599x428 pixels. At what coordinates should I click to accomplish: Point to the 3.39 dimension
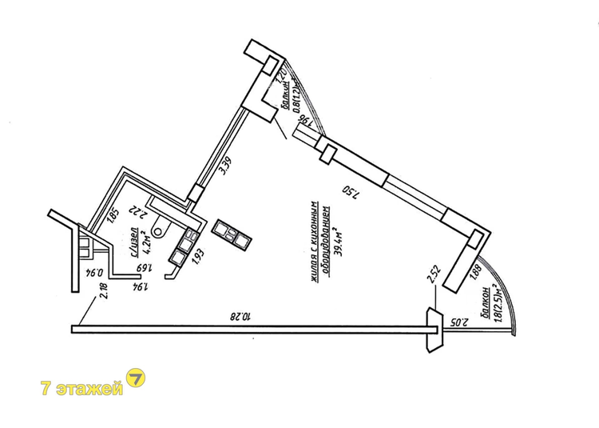coord(227,168)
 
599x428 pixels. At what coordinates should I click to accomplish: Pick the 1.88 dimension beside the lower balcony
coord(476,272)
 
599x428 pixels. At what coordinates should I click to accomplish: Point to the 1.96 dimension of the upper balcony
coord(303,123)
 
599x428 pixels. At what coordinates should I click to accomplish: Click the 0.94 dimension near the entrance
coord(93,274)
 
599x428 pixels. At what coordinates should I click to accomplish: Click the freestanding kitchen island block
coord(232,233)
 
